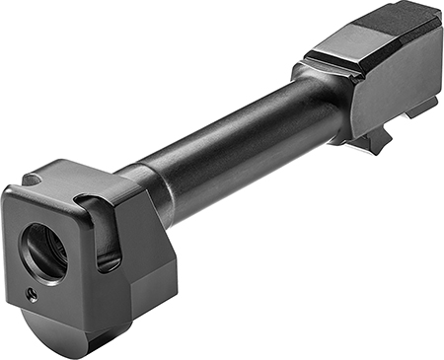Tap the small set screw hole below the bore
32,293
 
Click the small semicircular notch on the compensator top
33,180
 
